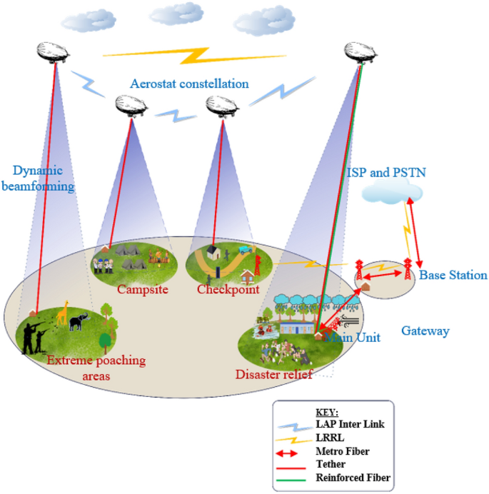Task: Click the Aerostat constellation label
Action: [189, 84]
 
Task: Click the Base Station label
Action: [453, 275]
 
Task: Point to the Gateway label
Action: [425, 331]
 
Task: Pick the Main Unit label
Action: [352, 337]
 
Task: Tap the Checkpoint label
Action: [227, 290]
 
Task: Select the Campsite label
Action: [138, 290]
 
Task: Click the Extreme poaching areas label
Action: [96, 368]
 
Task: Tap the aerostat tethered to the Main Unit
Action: [361, 52]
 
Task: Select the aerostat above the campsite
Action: [132, 105]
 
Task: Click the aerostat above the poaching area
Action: [55, 51]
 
